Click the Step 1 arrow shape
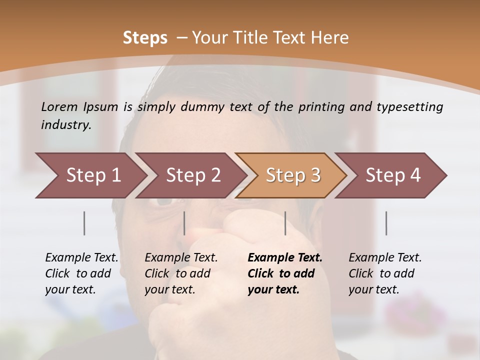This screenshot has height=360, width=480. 90,175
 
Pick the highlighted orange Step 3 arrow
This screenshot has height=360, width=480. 292,175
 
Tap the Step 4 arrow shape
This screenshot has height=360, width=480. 392,175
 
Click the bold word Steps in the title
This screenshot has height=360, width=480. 145,38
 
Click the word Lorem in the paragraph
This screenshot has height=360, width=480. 59,107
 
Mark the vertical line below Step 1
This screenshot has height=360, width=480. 84,223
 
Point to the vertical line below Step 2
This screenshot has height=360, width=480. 184,223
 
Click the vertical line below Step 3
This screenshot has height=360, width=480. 285,223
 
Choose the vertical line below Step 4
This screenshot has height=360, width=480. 386,223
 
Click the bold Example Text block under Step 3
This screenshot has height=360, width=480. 285,273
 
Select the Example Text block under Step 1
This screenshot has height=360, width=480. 81,273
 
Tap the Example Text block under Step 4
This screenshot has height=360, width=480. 385,273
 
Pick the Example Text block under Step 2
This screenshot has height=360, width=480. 181,273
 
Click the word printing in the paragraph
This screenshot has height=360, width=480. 319,107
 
